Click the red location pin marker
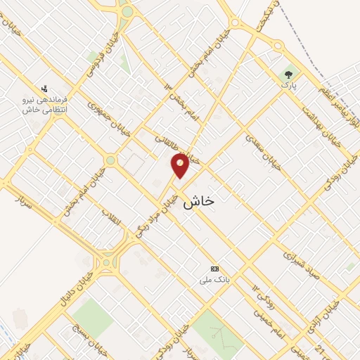[181, 165]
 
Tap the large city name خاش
[198, 202]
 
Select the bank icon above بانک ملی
[214, 269]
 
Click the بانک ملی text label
[206, 280]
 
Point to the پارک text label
[286, 85]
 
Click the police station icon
[44, 89]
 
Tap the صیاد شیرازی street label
[302, 261]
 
